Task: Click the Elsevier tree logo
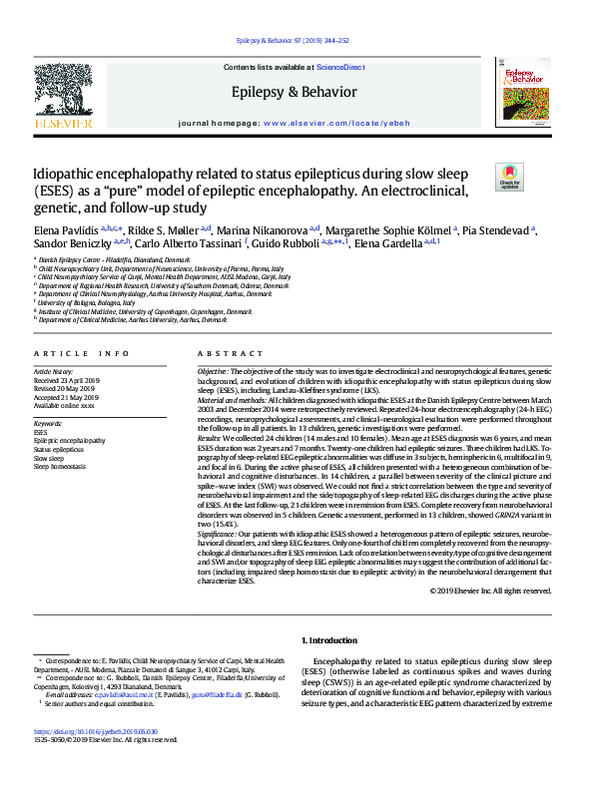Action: coord(68,96)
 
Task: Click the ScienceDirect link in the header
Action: coord(338,67)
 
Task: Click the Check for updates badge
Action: coord(509,179)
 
